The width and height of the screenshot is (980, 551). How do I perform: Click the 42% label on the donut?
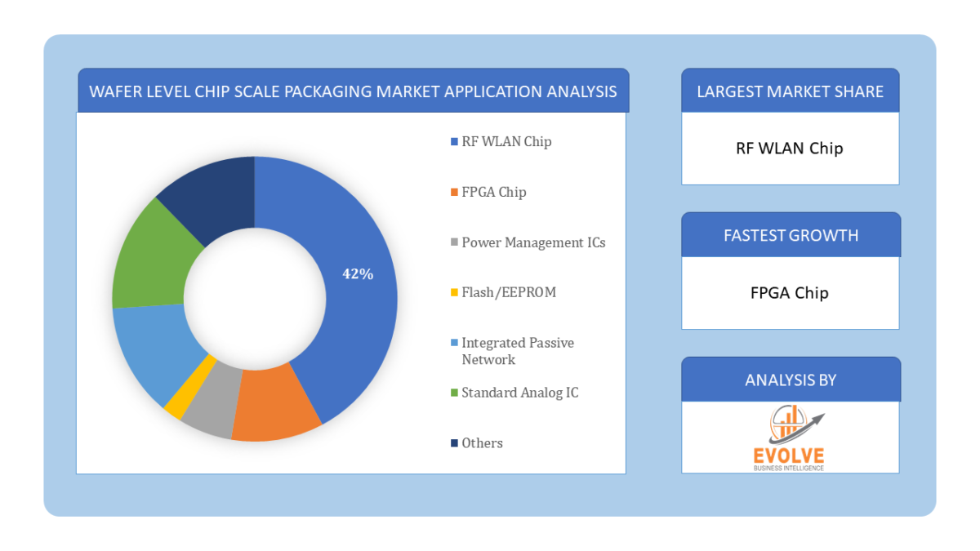358,274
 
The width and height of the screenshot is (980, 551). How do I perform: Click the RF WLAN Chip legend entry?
506,141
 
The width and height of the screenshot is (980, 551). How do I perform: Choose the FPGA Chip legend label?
493,192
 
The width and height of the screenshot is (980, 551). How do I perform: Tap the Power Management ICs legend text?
532,242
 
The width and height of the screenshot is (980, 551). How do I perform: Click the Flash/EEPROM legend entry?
508,292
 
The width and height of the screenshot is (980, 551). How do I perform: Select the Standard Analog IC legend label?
519,393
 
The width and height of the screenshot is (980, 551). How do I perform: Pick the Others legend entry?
482,443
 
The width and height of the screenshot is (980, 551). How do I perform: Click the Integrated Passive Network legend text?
517,351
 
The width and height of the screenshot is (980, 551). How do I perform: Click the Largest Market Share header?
790,91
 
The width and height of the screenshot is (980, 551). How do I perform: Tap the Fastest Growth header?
791,235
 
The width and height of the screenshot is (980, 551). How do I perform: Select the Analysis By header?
791,380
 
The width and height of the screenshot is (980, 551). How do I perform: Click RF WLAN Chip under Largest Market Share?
790,149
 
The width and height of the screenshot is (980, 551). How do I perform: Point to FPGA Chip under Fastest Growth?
790,292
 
